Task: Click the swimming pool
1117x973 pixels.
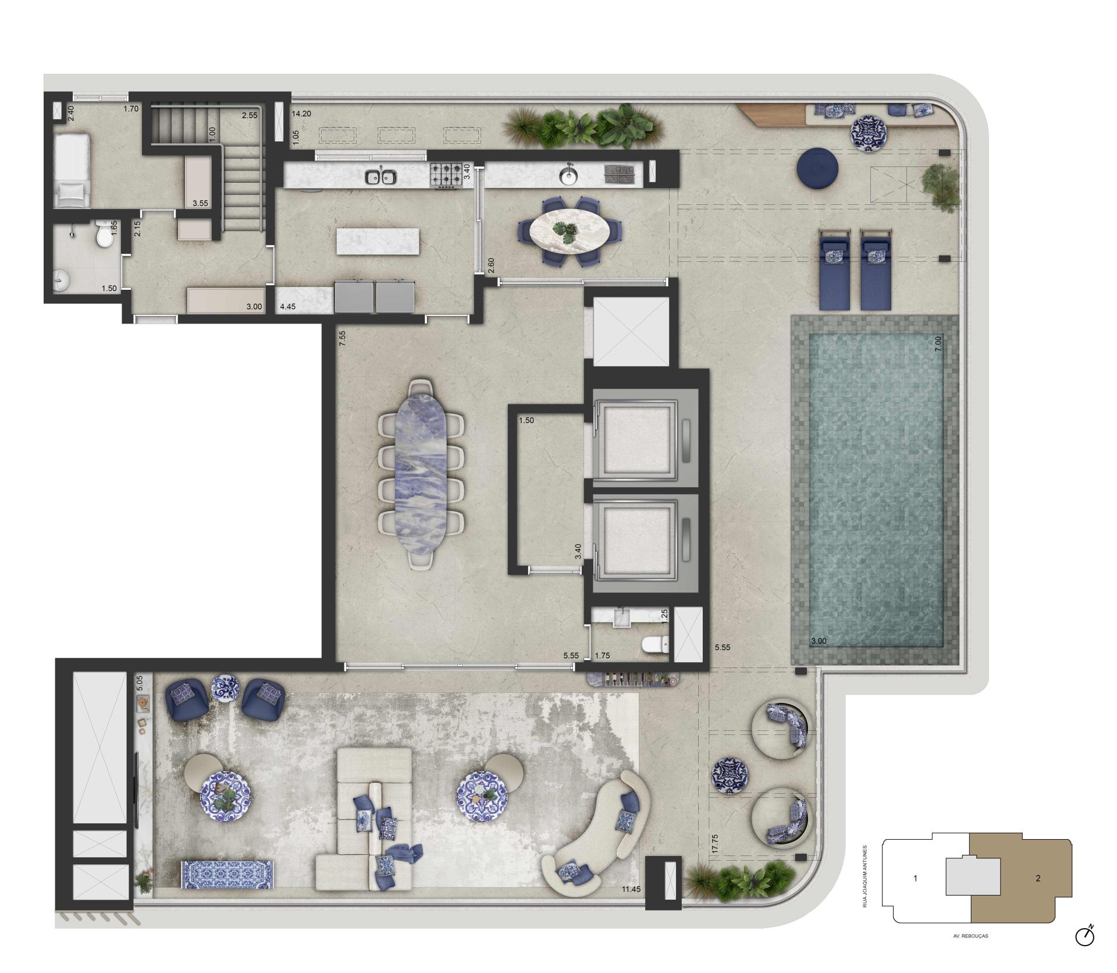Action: (876, 489)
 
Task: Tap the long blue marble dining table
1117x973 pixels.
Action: (421, 474)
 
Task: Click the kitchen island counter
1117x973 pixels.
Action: (378, 241)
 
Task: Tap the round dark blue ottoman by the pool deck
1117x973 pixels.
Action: (817, 169)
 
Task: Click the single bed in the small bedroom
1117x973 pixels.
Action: (71, 170)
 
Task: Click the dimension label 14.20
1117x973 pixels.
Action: (301, 114)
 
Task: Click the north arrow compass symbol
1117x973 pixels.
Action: (1085, 936)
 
